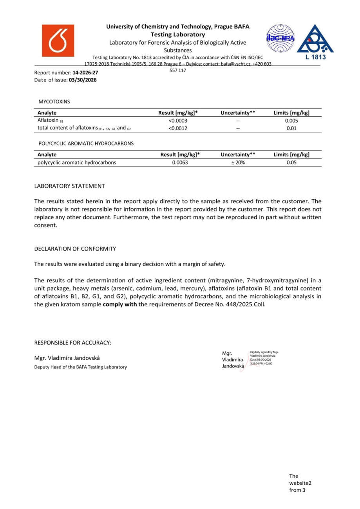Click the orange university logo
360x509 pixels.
coord(58,41)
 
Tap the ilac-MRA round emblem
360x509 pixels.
coord(280,38)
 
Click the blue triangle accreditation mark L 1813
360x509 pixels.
coord(315,42)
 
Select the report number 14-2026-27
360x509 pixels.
coord(85,73)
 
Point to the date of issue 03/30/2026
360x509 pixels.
coord(83,80)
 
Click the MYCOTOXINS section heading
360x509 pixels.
coord(54,101)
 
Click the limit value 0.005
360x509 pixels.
coord(291,121)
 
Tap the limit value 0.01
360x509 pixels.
coord(291,128)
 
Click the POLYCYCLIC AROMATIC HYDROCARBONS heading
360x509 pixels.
coord(86,144)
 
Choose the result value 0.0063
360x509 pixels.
coord(180,162)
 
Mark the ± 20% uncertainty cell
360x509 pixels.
coord(238,162)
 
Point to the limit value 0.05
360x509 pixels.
coord(291,162)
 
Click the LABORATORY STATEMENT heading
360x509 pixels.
coord(69,186)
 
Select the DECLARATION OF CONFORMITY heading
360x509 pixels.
coord(75,249)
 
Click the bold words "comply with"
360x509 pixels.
coord(119,304)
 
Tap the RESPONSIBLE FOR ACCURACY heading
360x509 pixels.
coord(73,343)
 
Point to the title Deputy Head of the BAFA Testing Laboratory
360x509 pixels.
coord(80,367)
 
